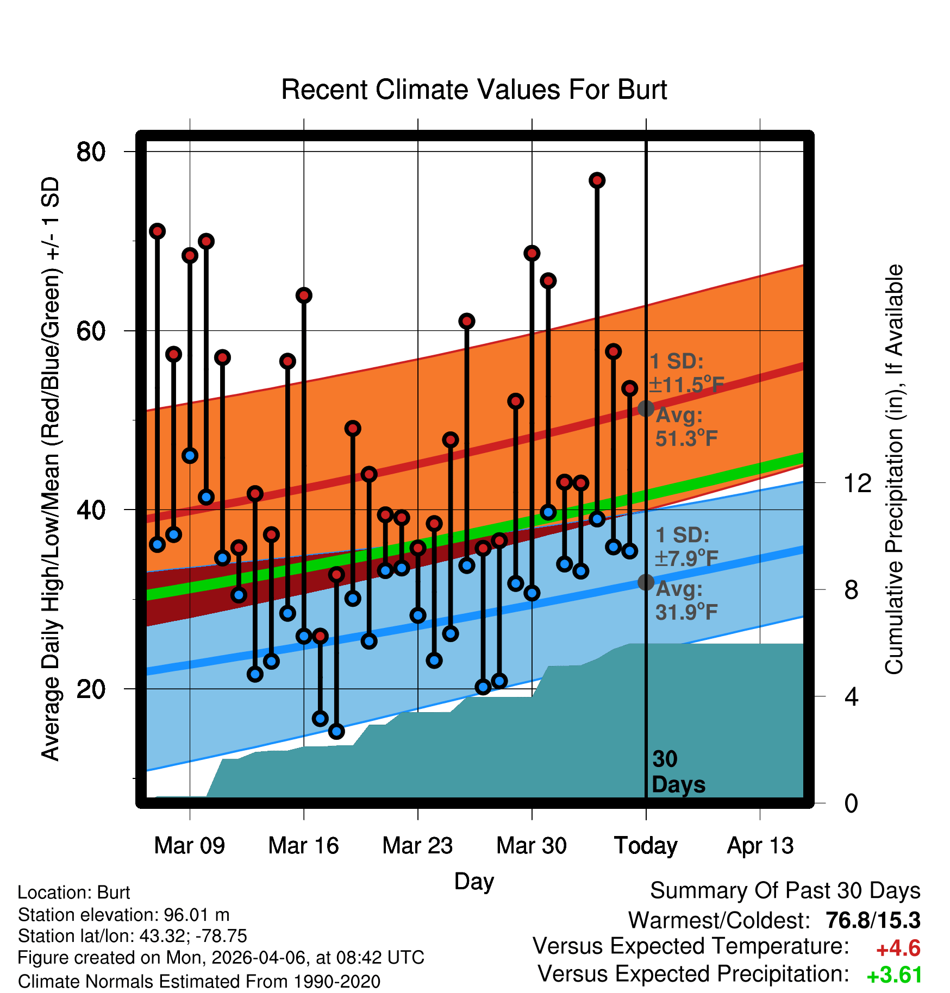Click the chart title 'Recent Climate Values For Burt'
click(474, 90)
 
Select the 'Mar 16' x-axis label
click(303, 846)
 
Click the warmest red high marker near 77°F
click(597, 180)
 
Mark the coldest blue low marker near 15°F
click(336, 731)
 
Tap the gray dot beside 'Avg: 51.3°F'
click(646, 408)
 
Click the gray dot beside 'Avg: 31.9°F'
click(646, 582)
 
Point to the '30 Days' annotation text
click(678, 772)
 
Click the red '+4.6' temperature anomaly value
click(898, 949)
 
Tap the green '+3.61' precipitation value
click(895, 976)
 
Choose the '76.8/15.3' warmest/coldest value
click(873, 921)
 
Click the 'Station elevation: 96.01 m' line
click(124, 915)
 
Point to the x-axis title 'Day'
click(474, 882)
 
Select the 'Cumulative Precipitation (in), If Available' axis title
click(894, 470)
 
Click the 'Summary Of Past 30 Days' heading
click(785, 891)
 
